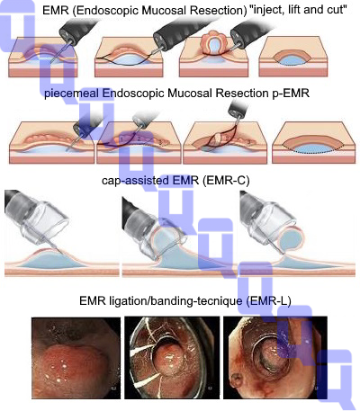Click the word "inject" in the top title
(266, 10)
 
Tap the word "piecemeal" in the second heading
(71, 94)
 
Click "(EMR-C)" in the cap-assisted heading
(226, 181)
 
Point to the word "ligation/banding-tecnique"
(175, 300)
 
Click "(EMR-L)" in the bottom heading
(268, 300)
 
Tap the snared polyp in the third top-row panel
(213, 43)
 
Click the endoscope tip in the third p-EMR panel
(238, 109)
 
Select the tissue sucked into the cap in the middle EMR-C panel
(168, 237)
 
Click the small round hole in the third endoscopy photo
(236, 380)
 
